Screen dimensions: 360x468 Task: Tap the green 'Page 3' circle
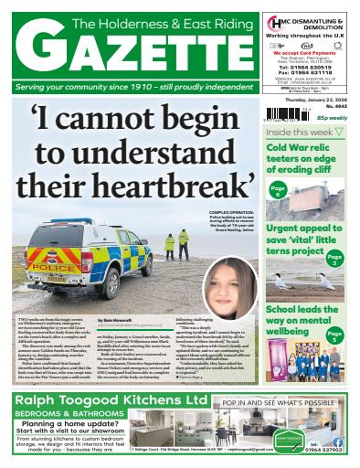[336, 260]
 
